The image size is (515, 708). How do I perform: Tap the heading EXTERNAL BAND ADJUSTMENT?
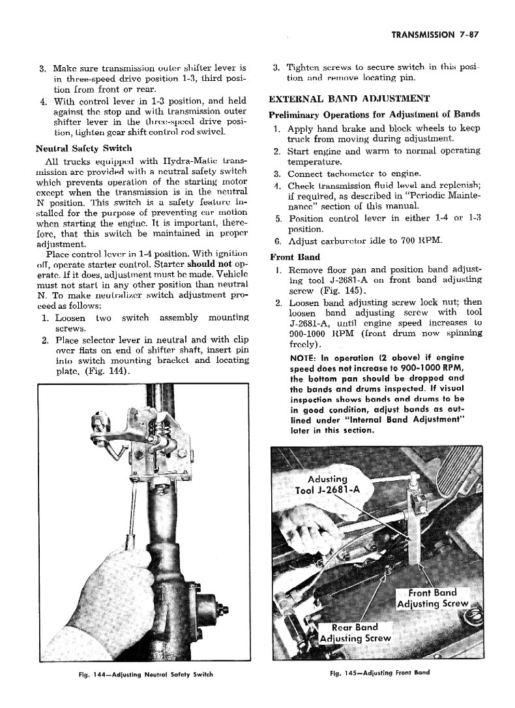point(349,99)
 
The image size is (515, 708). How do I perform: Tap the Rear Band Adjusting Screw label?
point(358,632)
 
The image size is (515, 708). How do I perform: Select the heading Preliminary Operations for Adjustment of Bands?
point(374,114)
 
